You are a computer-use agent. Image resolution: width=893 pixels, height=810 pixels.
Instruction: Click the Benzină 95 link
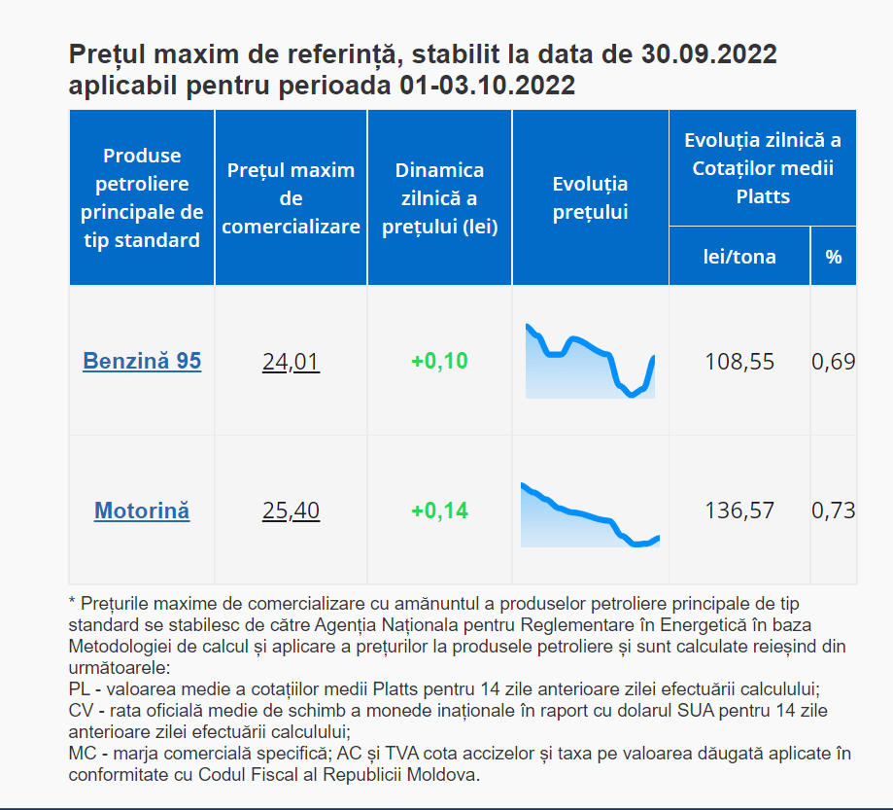tap(142, 361)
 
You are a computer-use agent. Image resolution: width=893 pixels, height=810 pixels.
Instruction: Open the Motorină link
tap(142, 511)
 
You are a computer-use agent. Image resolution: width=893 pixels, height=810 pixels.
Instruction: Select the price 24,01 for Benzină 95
tap(291, 362)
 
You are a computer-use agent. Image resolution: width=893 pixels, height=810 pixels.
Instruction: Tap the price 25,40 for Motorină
tap(291, 511)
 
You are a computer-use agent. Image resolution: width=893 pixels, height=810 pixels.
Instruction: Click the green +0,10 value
tap(439, 362)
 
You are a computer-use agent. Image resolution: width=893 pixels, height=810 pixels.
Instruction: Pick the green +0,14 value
tap(439, 511)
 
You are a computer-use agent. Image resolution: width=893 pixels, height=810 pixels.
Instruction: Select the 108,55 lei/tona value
tap(739, 362)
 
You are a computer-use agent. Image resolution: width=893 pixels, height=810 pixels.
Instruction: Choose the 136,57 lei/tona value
tap(739, 511)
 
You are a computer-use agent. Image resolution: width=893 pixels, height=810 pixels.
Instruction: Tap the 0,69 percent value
tap(834, 362)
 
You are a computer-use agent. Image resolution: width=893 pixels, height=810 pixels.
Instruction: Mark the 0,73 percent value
tap(834, 511)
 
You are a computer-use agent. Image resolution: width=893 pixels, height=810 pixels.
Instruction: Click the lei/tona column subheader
tap(739, 257)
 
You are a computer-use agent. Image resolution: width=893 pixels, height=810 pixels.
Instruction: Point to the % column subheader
tap(834, 257)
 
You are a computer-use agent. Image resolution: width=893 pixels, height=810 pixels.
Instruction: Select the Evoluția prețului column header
tap(590, 197)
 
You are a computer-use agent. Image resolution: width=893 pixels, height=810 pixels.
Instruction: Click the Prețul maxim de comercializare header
tap(291, 197)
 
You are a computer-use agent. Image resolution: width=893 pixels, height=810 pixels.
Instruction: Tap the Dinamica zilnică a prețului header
tap(439, 197)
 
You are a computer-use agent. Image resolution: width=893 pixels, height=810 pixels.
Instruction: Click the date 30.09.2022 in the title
tap(709, 53)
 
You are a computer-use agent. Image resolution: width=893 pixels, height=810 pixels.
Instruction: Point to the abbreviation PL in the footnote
tap(80, 688)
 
